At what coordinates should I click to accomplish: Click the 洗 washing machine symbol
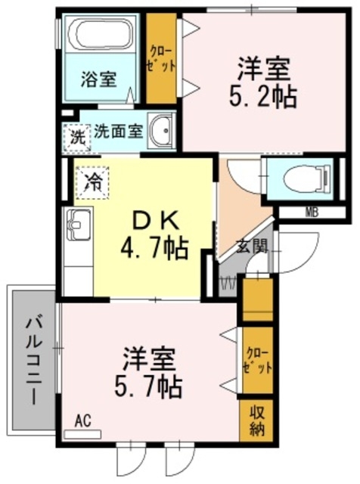click(78, 138)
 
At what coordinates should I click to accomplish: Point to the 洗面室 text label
click(118, 131)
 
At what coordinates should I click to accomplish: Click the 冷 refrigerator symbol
click(93, 181)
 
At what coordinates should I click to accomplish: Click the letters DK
click(156, 219)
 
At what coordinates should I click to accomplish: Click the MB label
click(311, 211)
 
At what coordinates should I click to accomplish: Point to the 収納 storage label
click(256, 422)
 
